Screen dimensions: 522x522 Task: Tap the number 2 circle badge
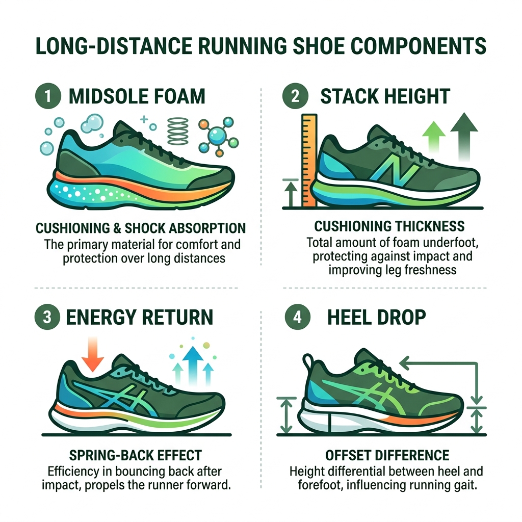(x=296, y=96)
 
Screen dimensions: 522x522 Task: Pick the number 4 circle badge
(x=296, y=317)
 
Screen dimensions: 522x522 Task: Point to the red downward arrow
(x=93, y=353)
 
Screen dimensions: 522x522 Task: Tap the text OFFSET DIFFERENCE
(x=387, y=455)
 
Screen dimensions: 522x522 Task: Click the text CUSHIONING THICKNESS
(x=389, y=226)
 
